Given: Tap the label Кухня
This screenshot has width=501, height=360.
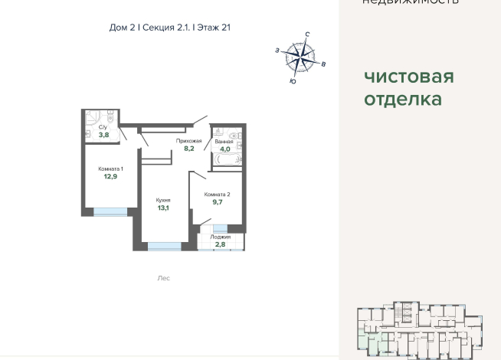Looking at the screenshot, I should coord(162,199).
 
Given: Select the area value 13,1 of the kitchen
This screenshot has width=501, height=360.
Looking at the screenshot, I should coord(162,207).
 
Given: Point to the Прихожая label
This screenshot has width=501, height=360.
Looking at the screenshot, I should coord(188,141).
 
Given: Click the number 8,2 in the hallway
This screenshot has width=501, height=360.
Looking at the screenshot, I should coord(188,149).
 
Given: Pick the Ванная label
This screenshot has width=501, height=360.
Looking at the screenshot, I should coord(224,141).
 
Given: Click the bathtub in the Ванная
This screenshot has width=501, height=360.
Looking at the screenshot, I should coord(228,160).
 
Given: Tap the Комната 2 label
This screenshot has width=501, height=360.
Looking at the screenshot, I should coord(218,195).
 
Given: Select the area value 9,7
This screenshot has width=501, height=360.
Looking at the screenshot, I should coord(218,203).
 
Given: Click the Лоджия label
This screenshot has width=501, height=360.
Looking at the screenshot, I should coord(221,237).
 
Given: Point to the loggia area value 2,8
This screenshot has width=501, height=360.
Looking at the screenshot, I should coord(221,244).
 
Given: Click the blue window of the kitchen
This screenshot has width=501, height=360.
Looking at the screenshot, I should coord(165,246).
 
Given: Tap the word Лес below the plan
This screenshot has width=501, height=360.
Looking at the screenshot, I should coord(164,278).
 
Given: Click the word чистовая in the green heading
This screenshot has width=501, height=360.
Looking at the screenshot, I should coord(408,77).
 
